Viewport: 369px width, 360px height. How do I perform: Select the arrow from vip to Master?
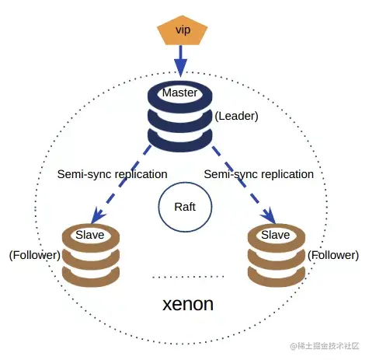(181, 58)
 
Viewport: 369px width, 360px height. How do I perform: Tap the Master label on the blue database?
(180, 93)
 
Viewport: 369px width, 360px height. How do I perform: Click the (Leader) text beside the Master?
(236, 116)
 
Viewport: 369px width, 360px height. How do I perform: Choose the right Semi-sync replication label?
(259, 174)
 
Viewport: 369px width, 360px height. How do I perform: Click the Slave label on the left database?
(92, 233)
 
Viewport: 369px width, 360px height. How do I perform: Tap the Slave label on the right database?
(275, 233)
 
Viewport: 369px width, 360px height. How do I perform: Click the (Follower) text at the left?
(34, 255)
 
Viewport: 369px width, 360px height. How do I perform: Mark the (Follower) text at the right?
(333, 255)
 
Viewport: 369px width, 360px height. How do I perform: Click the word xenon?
(187, 304)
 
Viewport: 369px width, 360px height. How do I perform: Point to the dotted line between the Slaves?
(187, 276)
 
